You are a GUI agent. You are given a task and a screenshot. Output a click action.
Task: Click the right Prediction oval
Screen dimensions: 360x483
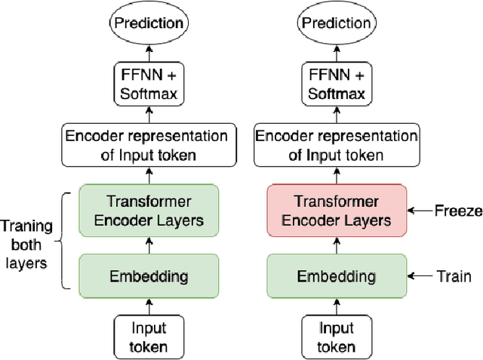pos(336,23)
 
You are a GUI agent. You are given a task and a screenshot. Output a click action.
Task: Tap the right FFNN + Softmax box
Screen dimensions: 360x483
pos(336,85)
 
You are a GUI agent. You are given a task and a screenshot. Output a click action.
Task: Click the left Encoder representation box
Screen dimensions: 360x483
pos(146,146)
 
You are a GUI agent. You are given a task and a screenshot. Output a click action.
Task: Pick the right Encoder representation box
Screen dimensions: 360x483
pos(336,146)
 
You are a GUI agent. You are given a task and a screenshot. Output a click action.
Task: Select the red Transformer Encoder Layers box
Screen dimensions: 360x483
pos(336,211)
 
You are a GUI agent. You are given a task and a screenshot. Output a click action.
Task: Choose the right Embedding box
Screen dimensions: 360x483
pos(336,275)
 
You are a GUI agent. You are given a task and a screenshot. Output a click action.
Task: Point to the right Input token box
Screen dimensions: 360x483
pos(336,337)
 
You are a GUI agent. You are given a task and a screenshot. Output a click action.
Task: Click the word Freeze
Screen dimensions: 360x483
pos(458,211)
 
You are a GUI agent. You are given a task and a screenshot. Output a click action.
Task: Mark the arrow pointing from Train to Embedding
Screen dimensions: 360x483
pos(417,276)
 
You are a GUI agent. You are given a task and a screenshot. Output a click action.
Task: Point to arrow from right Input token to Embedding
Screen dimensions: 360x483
pos(336,306)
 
